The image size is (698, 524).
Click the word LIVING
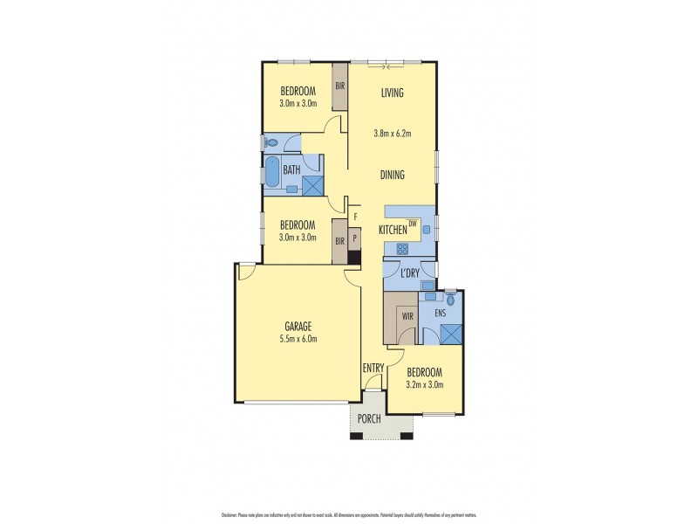tap(392, 93)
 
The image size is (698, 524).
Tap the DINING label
tap(392, 175)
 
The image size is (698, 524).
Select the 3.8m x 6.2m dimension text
tap(392, 134)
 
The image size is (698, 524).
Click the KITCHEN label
tap(393, 230)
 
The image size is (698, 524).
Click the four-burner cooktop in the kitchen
tap(403, 248)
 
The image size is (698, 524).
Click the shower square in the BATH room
tap(311, 183)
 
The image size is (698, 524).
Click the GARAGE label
tap(298, 326)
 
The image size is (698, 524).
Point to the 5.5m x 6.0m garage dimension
tap(298, 339)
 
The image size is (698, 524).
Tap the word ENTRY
tap(373, 368)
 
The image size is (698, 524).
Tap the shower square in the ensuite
tap(451, 334)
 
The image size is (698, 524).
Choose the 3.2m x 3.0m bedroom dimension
tap(426, 383)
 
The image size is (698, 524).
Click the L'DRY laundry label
tap(410, 273)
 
